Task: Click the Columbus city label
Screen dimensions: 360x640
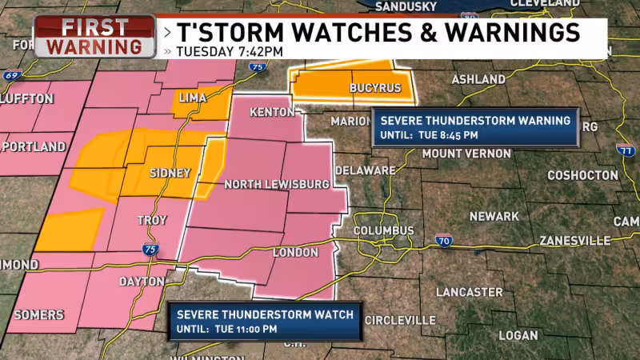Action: coord(385,230)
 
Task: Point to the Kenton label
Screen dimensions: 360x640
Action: coord(272,112)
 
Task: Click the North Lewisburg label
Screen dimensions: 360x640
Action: coord(276,185)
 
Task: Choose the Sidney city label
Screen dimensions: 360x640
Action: coord(170,173)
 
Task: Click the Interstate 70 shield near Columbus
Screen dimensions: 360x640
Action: coord(444,240)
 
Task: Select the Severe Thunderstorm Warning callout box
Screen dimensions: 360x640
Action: coord(475,127)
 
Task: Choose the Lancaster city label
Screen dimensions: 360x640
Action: coord(469,292)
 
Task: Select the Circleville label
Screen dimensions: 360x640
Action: coord(400,320)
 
